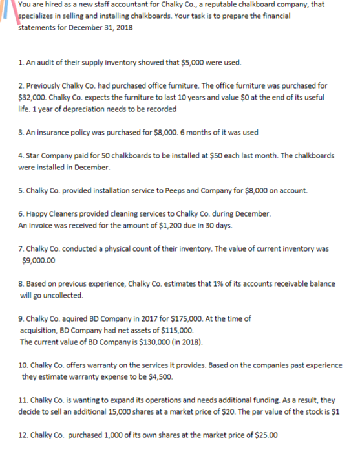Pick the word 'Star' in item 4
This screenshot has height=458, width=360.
36,157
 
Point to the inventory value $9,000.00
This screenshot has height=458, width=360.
38,261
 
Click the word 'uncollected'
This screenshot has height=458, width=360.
62,295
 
